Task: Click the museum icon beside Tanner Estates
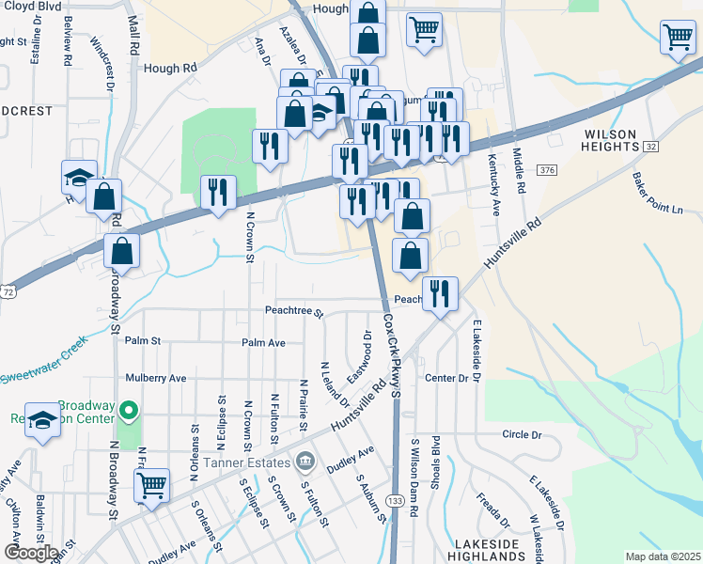(305, 461)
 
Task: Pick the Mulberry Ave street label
(157, 378)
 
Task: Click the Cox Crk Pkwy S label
(392, 354)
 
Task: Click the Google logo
(30, 553)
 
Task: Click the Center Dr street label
(445, 378)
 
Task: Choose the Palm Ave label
(263, 343)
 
